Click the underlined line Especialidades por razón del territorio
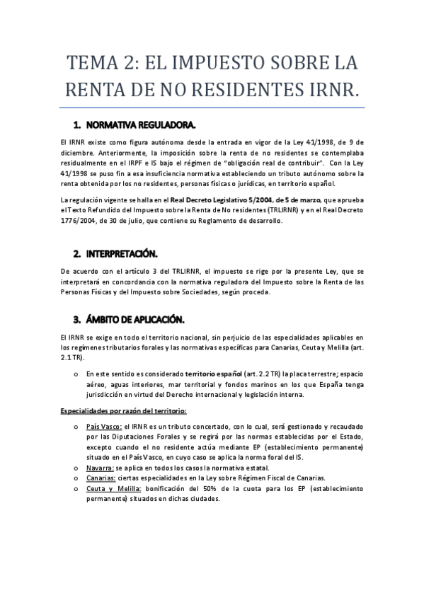tap(124, 411)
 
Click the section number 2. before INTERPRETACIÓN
tap(77, 253)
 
